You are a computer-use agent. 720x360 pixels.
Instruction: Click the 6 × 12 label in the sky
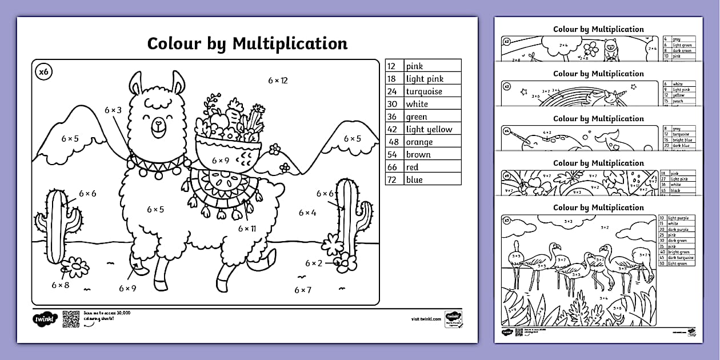[x=278, y=81]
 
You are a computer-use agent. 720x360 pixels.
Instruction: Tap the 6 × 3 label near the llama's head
[x=113, y=110]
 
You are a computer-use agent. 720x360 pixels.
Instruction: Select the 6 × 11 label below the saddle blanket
[x=247, y=229]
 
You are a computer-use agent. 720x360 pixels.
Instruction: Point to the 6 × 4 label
[x=306, y=213]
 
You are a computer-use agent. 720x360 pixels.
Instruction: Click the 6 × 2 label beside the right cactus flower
[x=314, y=263]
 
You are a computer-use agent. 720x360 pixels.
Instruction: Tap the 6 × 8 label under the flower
[x=60, y=285]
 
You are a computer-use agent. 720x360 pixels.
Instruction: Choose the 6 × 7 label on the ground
[x=303, y=290]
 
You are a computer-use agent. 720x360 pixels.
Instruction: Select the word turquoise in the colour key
[x=424, y=91]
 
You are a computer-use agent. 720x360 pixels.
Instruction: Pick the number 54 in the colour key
[x=393, y=154]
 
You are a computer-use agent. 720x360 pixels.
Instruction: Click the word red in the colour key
[x=412, y=167]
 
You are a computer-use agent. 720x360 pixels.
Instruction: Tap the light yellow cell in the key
[x=429, y=129]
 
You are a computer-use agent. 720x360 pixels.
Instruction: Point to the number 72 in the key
[x=393, y=179]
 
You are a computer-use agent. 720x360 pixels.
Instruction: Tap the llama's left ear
[x=135, y=84]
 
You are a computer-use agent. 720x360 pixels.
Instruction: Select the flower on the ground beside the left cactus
[x=75, y=267]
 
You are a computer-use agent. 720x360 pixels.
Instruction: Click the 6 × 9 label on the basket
[x=221, y=161]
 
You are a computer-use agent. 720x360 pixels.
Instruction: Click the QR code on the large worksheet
[x=70, y=318]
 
